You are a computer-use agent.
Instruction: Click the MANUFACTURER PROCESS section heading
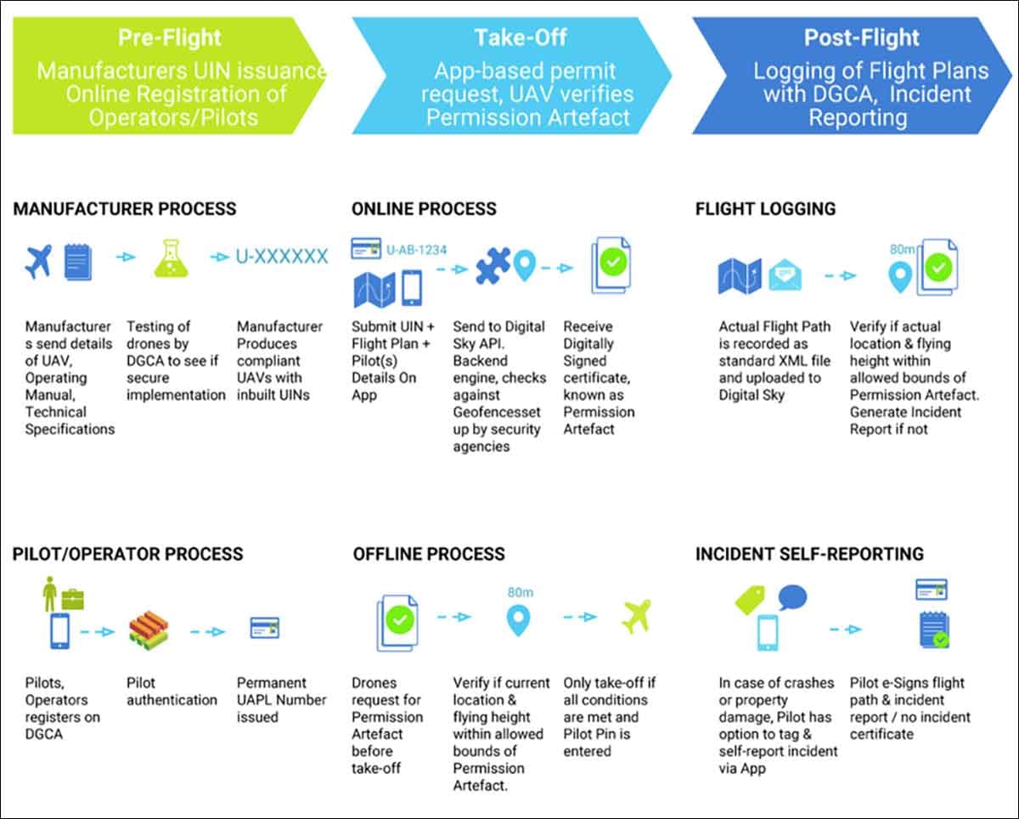[125, 209]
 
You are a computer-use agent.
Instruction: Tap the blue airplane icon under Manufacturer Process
[39, 261]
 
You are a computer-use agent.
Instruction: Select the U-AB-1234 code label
[416, 250]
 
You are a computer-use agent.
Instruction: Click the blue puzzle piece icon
[493, 266]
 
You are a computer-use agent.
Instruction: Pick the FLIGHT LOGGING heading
[765, 209]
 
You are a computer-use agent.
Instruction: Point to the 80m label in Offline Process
[520, 591]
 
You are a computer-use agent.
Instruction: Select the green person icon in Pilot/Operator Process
[50, 592]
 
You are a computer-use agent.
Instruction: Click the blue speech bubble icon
[793, 596]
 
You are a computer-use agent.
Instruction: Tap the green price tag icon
[752, 601]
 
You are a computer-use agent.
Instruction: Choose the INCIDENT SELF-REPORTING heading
[809, 555]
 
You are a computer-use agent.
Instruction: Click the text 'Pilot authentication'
[172, 692]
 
